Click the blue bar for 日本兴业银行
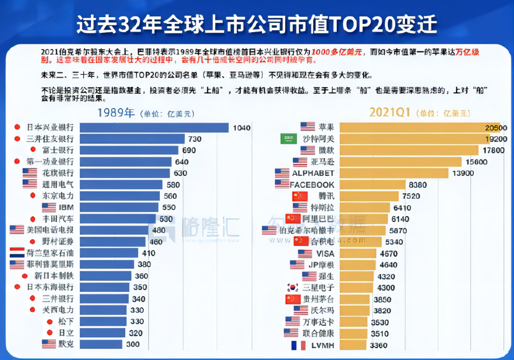coord(154,128)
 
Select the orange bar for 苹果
coord(420,127)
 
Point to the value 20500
coord(496,128)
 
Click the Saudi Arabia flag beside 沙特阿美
coord(288,139)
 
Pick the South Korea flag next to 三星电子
coord(293,288)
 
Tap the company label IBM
coord(66,207)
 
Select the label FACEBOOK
coord(312,185)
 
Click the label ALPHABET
coord(313,173)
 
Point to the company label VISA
coord(325,254)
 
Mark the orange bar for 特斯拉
coord(365,208)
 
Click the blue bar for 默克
coord(101,344)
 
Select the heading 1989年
coord(116,113)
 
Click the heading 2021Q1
coord(390,113)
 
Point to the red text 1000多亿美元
coord(337,52)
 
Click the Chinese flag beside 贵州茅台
coord(293,299)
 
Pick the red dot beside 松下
coord(50,321)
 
